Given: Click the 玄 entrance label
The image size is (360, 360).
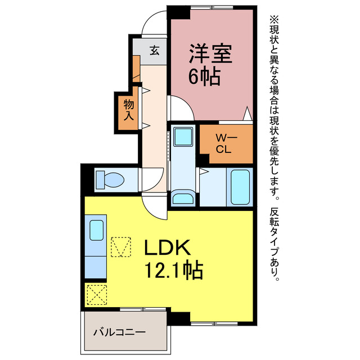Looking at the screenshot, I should [154, 51].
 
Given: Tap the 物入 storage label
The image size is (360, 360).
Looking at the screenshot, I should [128, 110].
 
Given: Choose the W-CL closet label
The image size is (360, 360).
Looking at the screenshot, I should [226, 143].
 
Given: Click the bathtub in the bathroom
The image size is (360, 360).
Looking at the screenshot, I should [240, 186].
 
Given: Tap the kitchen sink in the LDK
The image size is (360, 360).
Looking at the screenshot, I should [96, 231].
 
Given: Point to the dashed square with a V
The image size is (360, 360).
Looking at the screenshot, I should [120, 246].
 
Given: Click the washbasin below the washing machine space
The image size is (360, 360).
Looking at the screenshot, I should [182, 199].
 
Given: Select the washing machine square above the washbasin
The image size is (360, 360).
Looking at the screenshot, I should [183, 137].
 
